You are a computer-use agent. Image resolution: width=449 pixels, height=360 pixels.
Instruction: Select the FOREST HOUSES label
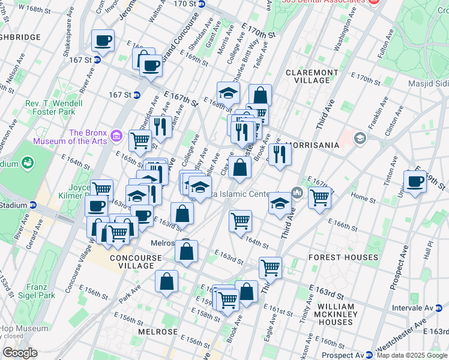(x=343, y=257)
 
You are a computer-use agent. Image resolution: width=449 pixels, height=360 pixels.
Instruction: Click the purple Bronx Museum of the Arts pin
(x=117, y=137)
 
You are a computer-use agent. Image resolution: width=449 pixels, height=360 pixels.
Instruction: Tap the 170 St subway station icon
(x=202, y=4)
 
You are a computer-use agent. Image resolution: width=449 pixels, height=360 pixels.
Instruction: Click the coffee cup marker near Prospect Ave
(x=414, y=181)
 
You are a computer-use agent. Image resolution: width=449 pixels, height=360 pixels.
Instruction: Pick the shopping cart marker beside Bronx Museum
(x=140, y=140)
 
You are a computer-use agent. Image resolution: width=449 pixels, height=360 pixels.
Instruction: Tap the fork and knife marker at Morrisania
(x=280, y=154)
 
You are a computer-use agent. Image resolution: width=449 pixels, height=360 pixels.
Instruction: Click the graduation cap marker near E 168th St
(x=228, y=92)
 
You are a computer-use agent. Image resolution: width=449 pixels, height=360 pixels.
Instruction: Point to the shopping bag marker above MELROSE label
(x=166, y=281)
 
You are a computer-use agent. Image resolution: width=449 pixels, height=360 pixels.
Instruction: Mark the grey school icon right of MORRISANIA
(x=360, y=139)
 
